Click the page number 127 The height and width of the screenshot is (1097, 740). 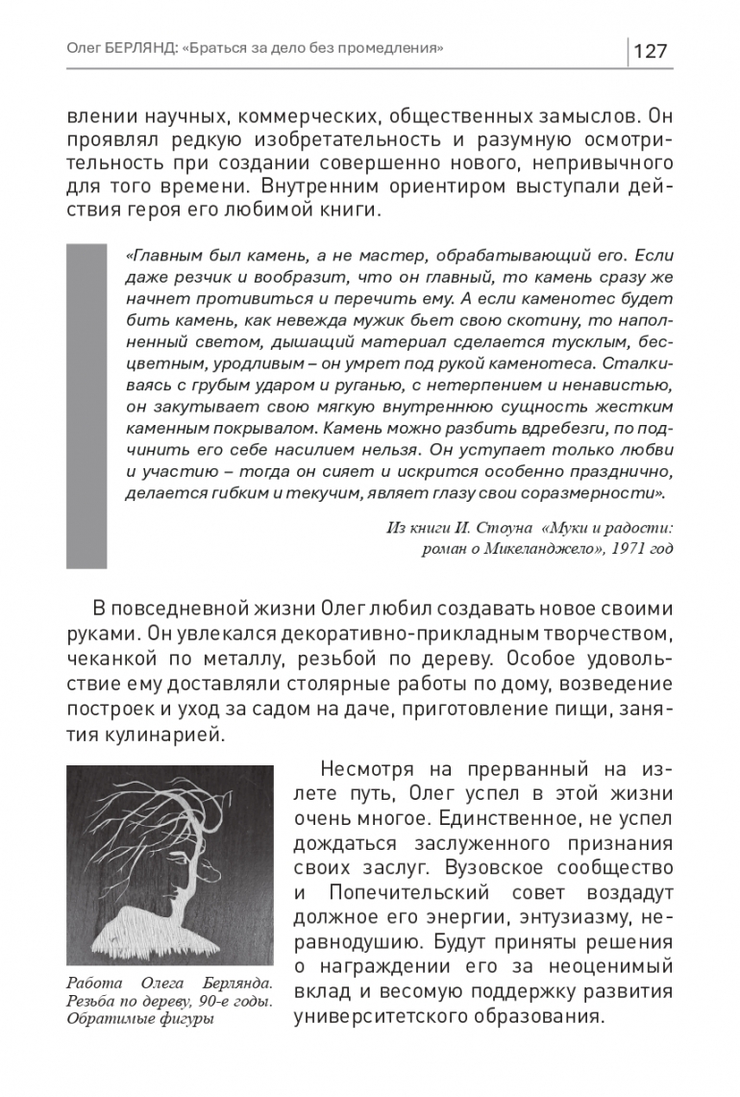(651, 50)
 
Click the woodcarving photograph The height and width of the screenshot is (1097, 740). (170, 864)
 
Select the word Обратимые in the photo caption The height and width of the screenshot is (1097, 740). (101, 1019)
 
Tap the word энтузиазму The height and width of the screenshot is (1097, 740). (561, 917)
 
